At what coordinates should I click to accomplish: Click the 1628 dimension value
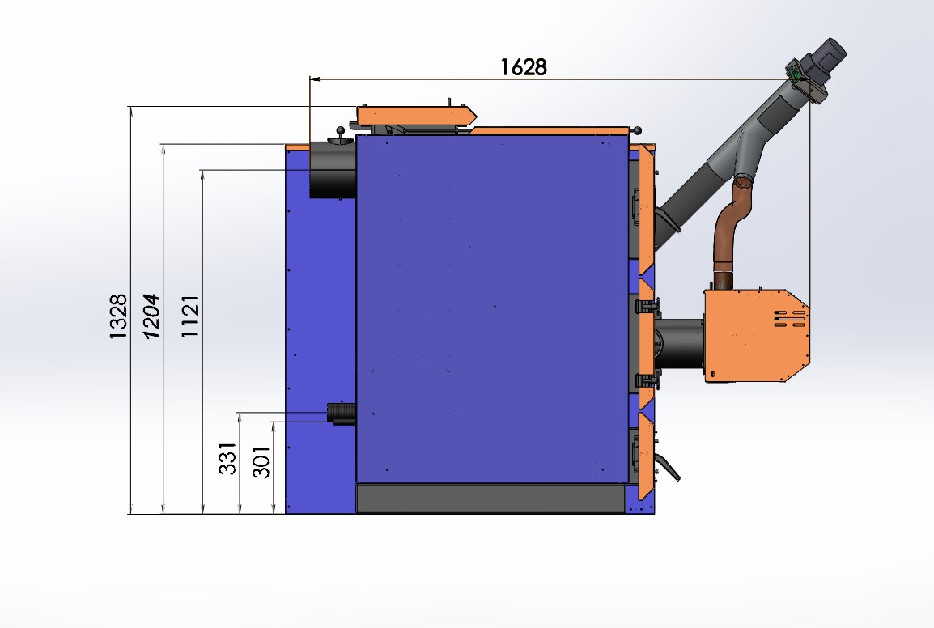tap(523, 66)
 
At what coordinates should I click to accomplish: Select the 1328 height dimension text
tap(118, 316)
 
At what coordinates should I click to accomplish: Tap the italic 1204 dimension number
tap(152, 316)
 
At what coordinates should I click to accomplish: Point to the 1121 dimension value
tap(190, 316)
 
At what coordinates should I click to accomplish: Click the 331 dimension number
tap(228, 458)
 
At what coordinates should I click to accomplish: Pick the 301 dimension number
tap(261, 462)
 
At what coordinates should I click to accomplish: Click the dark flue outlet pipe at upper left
tap(333, 170)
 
